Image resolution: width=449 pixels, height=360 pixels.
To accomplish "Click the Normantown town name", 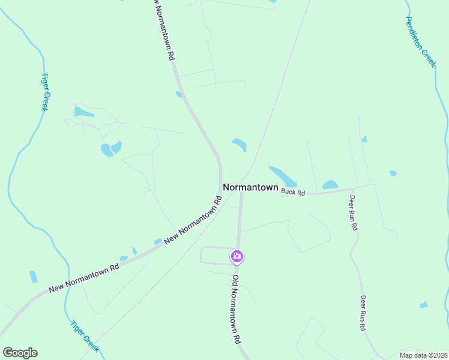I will pos(250,187).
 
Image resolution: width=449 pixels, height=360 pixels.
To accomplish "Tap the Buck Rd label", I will pos(293,193).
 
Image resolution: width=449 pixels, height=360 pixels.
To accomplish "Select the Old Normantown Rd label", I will pos(237,309).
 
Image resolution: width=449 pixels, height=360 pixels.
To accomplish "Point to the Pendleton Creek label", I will pos(420,41).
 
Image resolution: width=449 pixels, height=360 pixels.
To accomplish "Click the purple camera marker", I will pos(237,257).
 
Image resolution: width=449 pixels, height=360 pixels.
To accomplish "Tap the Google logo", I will pos(20,353).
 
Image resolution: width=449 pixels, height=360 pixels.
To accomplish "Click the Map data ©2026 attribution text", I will pos(423,355).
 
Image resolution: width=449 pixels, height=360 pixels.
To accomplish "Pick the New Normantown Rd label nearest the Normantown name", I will pos(193,218).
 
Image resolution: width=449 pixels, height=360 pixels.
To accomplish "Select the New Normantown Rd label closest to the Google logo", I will pos(84,278).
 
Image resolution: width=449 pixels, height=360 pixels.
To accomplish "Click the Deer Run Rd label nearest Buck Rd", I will pos(354,213).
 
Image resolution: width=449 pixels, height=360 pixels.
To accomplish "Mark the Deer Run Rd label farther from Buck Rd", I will pos(363,313).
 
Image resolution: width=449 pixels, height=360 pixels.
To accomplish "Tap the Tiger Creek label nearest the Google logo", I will pos(84,337).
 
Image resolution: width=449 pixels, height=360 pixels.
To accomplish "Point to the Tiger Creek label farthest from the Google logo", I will pos(44,92).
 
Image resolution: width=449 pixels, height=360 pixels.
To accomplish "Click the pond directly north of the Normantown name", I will pos(240,144).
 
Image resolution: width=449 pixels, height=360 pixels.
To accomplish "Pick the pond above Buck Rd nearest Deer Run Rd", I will pos(330,185).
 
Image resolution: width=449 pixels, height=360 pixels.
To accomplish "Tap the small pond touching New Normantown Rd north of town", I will pos(178,94).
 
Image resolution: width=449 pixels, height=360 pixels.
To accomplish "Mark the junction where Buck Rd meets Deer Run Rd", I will pos(353,190).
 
